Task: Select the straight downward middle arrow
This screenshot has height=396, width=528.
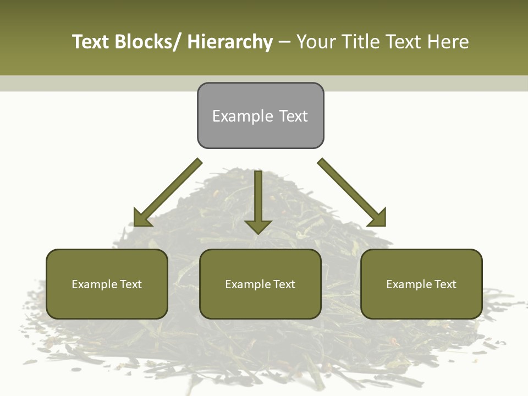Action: [x=258, y=198]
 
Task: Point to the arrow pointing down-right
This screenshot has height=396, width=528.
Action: [x=352, y=193]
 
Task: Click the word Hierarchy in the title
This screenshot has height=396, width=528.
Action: [x=230, y=42]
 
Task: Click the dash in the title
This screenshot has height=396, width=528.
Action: [x=284, y=42]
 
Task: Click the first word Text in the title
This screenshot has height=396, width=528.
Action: [x=91, y=42]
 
